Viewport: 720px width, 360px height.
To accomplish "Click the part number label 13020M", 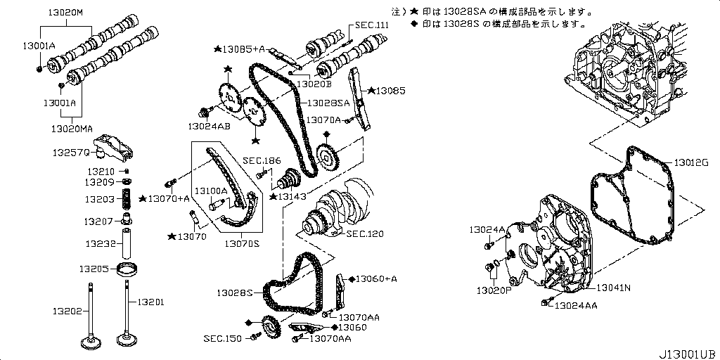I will (x=65, y=13).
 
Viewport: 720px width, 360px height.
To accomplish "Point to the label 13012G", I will (x=692, y=162).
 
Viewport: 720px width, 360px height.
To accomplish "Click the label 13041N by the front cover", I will (x=614, y=288).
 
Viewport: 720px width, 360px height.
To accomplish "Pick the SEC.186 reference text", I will (x=261, y=160).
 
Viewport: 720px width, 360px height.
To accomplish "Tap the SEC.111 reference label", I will (x=372, y=25).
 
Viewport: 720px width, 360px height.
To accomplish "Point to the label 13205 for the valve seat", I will (x=94, y=269).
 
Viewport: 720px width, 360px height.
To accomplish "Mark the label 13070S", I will (x=242, y=243).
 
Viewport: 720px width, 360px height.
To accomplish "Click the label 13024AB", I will (x=208, y=127).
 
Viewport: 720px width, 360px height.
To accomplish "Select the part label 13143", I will (x=292, y=195).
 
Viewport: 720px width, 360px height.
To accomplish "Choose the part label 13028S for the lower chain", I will (x=234, y=292).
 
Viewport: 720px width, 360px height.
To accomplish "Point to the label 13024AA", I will (x=576, y=305).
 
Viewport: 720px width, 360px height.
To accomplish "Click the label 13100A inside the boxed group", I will (x=211, y=191).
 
